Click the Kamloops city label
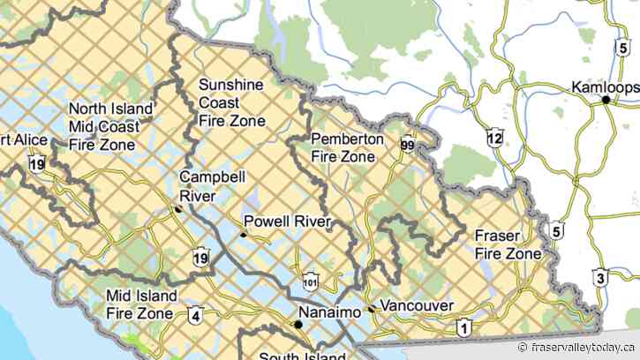coord(604,87)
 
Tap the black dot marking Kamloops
coord(606,101)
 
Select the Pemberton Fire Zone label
coord(347,147)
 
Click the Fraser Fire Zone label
coord(508,244)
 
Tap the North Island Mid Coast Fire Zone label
coord(109,125)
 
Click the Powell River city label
coord(288,221)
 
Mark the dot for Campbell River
coord(178,209)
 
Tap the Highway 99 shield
coord(406,146)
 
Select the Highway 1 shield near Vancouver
coord(463,328)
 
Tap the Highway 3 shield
coord(600,279)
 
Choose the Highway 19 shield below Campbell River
coord(201,258)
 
